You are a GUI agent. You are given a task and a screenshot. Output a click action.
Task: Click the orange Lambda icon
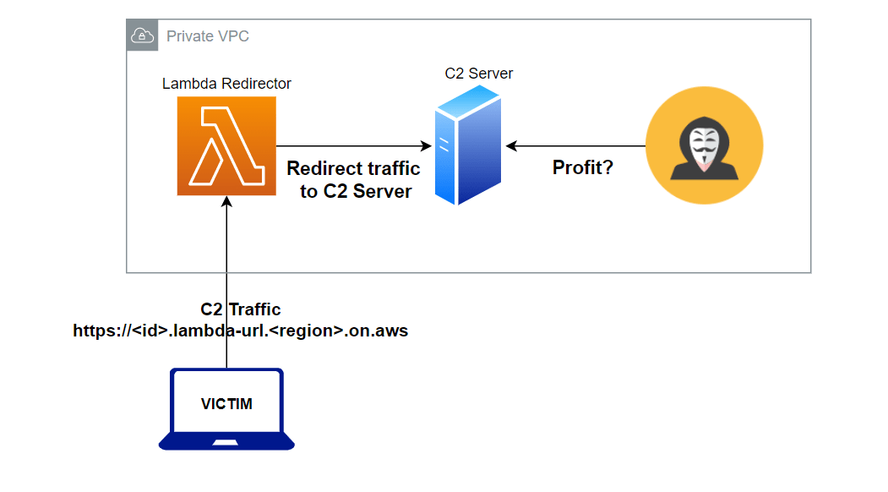tap(226, 145)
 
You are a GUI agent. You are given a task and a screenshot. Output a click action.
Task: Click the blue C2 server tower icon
tap(467, 150)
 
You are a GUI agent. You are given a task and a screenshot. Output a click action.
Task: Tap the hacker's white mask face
tap(704, 150)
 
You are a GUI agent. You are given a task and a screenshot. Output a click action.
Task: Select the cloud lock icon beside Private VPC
tap(141, 36)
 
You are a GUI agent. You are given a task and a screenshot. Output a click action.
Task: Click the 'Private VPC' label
tap(208, 36)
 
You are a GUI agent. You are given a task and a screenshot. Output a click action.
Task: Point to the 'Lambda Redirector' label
tap(226, 84)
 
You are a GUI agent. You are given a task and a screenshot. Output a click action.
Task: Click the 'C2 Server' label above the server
tap(478, 74)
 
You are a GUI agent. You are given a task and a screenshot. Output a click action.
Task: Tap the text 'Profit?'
tap(582, 167)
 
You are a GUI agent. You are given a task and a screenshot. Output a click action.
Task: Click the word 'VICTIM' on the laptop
tap(226, 404)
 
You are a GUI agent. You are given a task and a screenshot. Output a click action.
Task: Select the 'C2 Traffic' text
tap(240, 309)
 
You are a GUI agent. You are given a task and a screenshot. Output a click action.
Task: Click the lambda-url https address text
tap(240, 331)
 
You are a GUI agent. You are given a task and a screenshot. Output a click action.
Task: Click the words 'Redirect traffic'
tap(353, 168)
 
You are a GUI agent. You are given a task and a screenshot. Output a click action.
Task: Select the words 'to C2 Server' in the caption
tap(355, 191)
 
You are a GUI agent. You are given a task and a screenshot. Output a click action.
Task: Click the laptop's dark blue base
tap(226, 442)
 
